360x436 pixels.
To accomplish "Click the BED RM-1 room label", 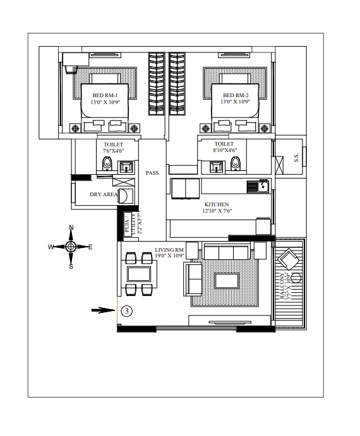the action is coord(105,95).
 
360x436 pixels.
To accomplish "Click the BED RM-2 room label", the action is coord(236,95).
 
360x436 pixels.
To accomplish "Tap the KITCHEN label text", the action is coord(217,204).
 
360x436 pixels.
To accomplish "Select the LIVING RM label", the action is coord(169,250).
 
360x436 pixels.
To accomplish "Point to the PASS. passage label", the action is coord(153,173).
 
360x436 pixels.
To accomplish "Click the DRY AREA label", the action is coord(104,194).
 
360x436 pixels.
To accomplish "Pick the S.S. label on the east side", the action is coord(296,158).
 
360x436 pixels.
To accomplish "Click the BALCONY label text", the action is coord(282,286).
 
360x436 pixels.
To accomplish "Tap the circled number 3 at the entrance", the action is coord(127,310).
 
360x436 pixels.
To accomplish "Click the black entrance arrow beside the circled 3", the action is coord(104,310).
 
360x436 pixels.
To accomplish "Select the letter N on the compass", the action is coord(71,228).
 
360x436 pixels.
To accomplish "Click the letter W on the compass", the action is coord(51,247).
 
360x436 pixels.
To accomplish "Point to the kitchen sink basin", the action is coord(263,186).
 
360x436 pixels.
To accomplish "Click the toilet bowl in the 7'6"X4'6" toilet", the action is coord(107,163).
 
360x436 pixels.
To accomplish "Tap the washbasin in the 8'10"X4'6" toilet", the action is coord(217,167).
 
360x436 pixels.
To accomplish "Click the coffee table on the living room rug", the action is coord(227,281).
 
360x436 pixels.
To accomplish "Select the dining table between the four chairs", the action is coord(139,274).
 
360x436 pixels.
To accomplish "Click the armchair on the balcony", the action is coord(288,259).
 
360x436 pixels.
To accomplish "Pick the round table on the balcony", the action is coord(296,278).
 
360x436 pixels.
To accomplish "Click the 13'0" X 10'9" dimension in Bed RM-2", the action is coord(236,102).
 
